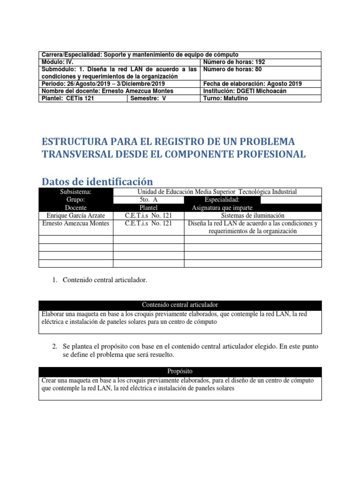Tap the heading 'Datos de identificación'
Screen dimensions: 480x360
pyautogui.click(x=97, y=181)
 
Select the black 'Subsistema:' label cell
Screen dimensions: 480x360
pyautogui.click(x=75, y=192)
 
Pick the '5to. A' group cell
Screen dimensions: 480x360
pyautogui.click(x=148, y=200)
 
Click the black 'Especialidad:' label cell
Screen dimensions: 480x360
pyautogui.click(x=222, y=200)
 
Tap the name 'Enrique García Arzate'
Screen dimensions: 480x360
pyautogui.click(x=75, y=216)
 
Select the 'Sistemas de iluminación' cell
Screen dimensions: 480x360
pyautogui.click(x=253, y=216)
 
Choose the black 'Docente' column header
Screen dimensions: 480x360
pyautogui.click(x=75, y=208)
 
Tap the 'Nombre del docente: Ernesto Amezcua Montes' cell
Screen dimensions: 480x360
pyautogui.click(x=107, y=91)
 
